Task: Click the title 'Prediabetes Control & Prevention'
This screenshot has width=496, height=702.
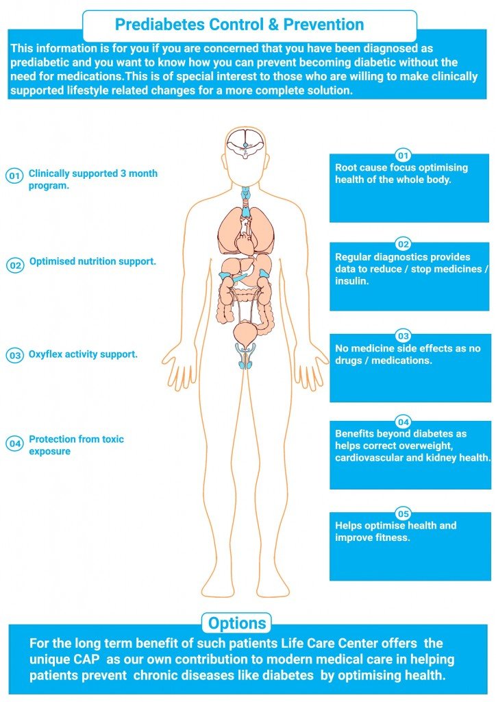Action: tap(239, 24)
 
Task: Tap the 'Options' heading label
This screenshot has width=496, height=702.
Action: tap(237, 623)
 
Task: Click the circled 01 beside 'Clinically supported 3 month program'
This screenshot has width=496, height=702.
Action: tap(14, 175)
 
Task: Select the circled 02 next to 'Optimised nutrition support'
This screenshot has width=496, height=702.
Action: tap(15, 265)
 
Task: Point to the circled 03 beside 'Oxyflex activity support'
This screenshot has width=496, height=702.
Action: tap(15, 356)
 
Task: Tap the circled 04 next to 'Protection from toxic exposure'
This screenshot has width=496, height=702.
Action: tap(15, 444)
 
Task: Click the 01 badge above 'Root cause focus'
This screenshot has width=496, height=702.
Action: tap(403, 156)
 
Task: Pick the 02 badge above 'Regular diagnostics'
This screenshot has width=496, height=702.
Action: tap(403, 244)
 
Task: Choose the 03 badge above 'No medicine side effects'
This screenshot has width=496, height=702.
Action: tap(403, 336)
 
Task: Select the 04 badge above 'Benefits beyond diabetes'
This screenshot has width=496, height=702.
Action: tap(403, 422)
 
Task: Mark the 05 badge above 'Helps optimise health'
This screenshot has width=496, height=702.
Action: tap(403, 513)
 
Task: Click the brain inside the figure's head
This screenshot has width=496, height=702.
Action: tap(245, 143)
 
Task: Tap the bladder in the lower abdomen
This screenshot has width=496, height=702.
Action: tap(245, 333)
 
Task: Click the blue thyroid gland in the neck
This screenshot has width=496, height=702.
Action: tap(245, 194)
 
